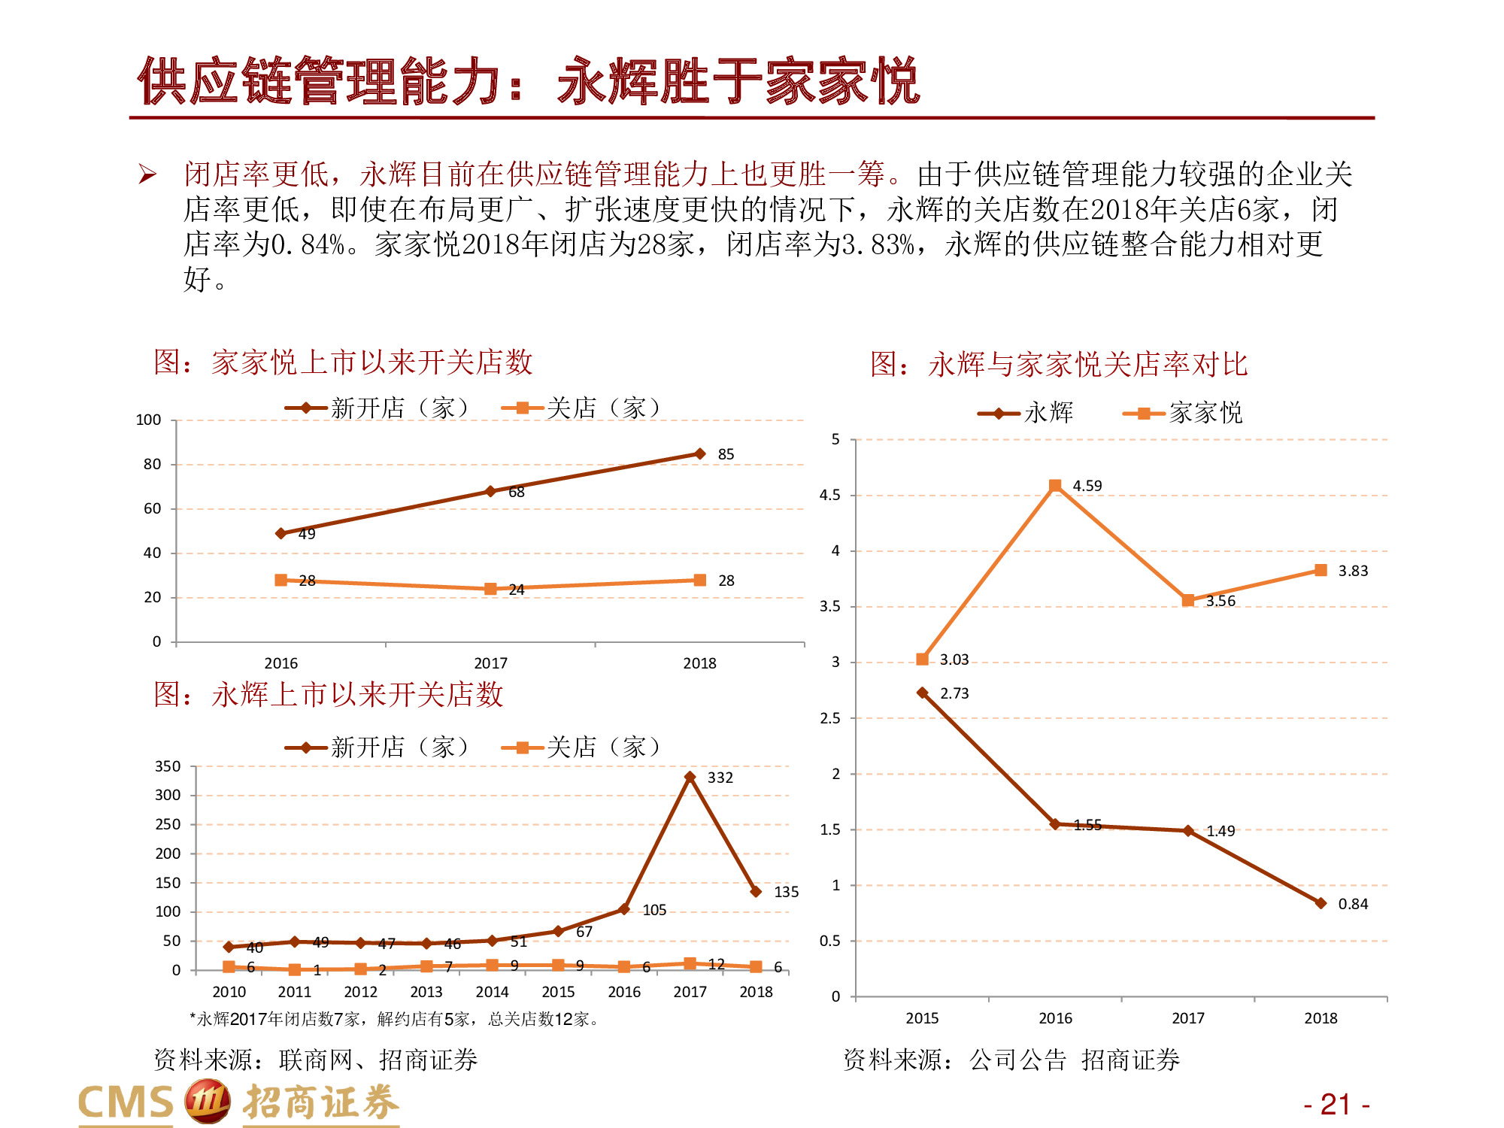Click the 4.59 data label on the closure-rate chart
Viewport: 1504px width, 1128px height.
point(1087,486)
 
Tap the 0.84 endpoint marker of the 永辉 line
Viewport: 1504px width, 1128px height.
point(1321,903)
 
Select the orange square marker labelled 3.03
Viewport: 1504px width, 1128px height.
point(923,660)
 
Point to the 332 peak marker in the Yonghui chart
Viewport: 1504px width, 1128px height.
point(690,777)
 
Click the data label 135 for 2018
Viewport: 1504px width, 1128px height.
point(786,892)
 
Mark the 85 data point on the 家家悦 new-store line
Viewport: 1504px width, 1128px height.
point(700,453)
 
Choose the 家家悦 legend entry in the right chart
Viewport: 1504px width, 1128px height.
point(1184,413)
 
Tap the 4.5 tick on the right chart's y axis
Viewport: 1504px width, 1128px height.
point(829,495)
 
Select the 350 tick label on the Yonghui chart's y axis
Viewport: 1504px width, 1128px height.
point(168,766)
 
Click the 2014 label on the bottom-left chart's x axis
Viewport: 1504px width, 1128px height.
point(492,992)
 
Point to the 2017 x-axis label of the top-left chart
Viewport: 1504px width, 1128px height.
point(490,663)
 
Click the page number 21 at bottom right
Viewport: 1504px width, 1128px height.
point(1336,1104)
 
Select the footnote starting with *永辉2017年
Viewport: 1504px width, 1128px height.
point(395,1019)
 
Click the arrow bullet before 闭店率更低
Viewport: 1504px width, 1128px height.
point(147,175)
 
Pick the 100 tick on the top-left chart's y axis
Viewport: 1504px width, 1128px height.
point(148,420)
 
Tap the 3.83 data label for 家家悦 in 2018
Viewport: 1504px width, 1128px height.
point(1352,571)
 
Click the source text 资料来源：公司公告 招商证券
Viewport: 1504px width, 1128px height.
point(1011,1060)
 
